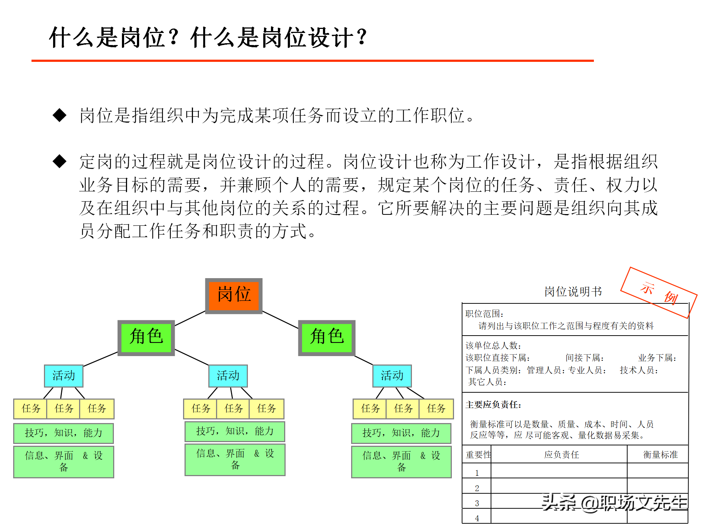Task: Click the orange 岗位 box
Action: [x=234, y=295]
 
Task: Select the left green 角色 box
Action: [x=146, y=337]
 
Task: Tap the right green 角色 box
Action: [x=327, y=337]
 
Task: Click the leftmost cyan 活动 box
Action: [x=63, y=376]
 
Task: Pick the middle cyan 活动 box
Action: [x=228, y=376]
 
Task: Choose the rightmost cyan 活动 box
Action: [x=392, y=376]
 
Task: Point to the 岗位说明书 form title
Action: [x=573, y=292]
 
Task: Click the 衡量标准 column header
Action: [x=660, y=455]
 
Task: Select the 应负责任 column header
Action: [x=561, y=455]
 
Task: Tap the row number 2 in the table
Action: [x=477, y=488]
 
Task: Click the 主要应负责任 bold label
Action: [x=493, y=405]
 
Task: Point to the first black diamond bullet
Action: [x=60, y=115]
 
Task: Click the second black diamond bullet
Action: [x=60, y=161]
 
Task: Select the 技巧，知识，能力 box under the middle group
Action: [x=235, y=431]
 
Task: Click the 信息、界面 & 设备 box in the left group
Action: [x=63, y=461]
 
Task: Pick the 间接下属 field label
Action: [x=584, y=358]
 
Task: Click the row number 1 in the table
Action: [x=477, y=473]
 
